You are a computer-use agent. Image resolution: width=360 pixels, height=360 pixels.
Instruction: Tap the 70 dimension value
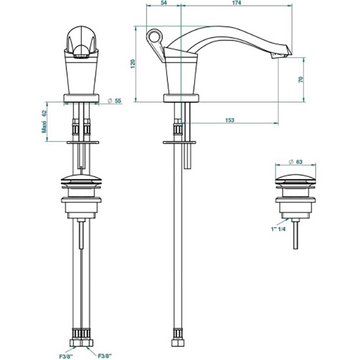click(301, 80)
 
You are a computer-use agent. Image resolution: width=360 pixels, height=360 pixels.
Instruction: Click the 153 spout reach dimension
click(230, 120)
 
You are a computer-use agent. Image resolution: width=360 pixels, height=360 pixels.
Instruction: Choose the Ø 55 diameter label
click(115, 101)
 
